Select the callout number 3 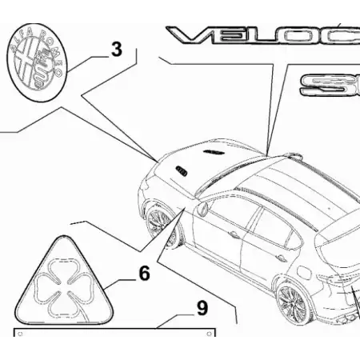[x=117, y=50]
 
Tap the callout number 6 [x=144, y=274]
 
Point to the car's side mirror [x=203, y=210]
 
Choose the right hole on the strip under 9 [x=210, y=332]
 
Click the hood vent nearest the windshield [x=214, y=151]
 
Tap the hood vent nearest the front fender [x=180, y=167]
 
